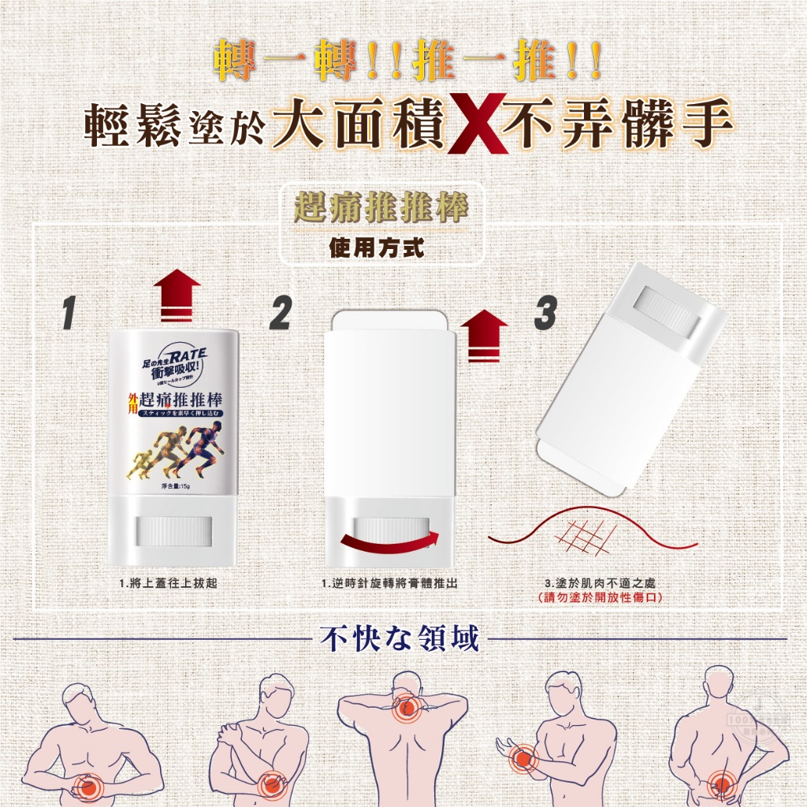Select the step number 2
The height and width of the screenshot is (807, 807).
coord(280,313)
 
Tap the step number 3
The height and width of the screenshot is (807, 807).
coord(545,313)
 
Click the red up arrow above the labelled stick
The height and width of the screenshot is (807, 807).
coord(177,294)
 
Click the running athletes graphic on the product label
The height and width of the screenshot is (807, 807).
coord(176,452)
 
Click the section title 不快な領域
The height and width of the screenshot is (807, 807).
coord(400,638)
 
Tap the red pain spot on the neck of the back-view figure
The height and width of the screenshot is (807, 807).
coord(405,707)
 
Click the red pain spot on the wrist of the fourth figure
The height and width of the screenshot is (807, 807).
coord(519,759)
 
